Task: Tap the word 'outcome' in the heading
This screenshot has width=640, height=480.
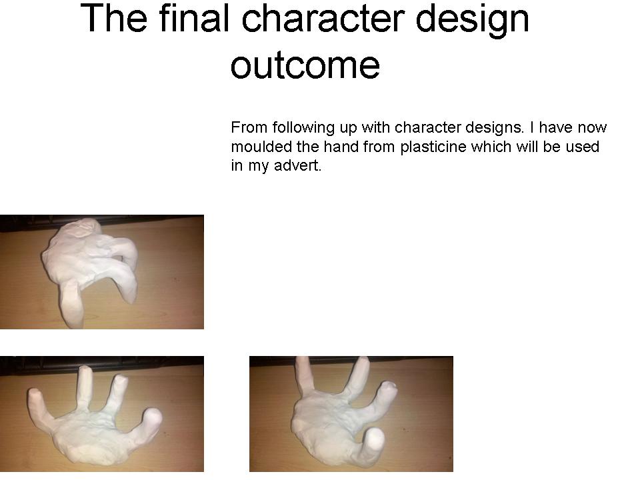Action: click(305, 65)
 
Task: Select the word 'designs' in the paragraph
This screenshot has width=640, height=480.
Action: click(489, 128)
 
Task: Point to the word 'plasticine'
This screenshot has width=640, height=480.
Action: click(433, 147)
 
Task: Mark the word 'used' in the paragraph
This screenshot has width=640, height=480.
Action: click(584, 147)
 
